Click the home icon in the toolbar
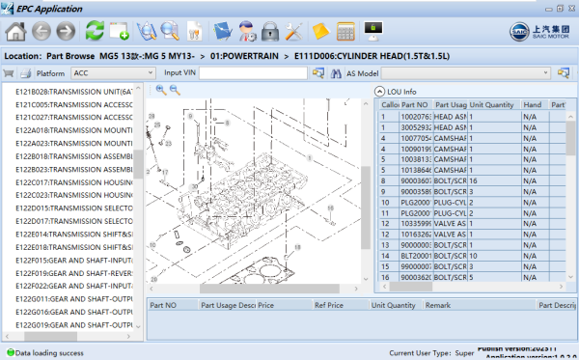click(15, 31)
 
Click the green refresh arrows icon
click(95, 31)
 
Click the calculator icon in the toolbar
click(346, 31)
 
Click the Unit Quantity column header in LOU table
click(491, 104)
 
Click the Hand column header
click(532, 104)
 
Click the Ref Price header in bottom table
click(329, 304)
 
